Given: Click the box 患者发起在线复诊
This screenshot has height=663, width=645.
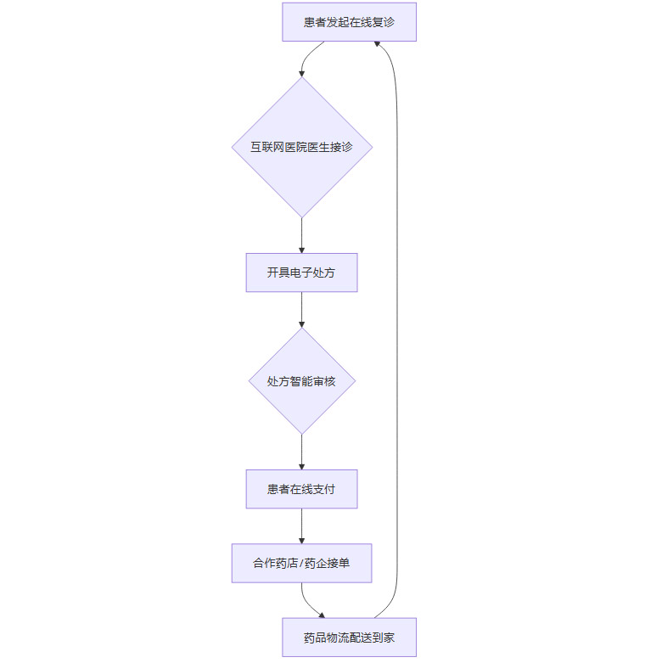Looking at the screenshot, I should (349, 22).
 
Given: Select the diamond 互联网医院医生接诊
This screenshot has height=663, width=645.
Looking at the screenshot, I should (301, 147).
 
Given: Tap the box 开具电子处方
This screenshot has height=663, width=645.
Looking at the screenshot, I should (301, 273).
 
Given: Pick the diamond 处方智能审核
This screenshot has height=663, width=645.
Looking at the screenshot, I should (301, 381).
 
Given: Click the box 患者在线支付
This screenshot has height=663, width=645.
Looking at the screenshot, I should (301, 489).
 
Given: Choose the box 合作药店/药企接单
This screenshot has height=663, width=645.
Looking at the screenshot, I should (301, 563).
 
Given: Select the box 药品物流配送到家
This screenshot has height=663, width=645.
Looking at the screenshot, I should (349, 638).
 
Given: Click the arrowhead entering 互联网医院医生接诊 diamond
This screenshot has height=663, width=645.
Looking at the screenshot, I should (301, 73).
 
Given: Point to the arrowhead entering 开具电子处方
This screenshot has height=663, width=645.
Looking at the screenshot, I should (301, 249).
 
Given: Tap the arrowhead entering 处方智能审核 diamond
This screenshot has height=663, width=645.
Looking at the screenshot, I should (301, 323).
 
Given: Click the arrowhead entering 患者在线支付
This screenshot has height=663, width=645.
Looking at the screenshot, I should (301, 465).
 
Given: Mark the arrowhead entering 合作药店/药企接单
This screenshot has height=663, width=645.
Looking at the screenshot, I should (301, 539).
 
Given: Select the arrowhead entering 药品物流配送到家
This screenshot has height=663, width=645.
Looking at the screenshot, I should (321, 615).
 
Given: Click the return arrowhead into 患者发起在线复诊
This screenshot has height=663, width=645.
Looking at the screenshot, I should (379, 44).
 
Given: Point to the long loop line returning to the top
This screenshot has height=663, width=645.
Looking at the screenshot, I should (397, 340).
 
